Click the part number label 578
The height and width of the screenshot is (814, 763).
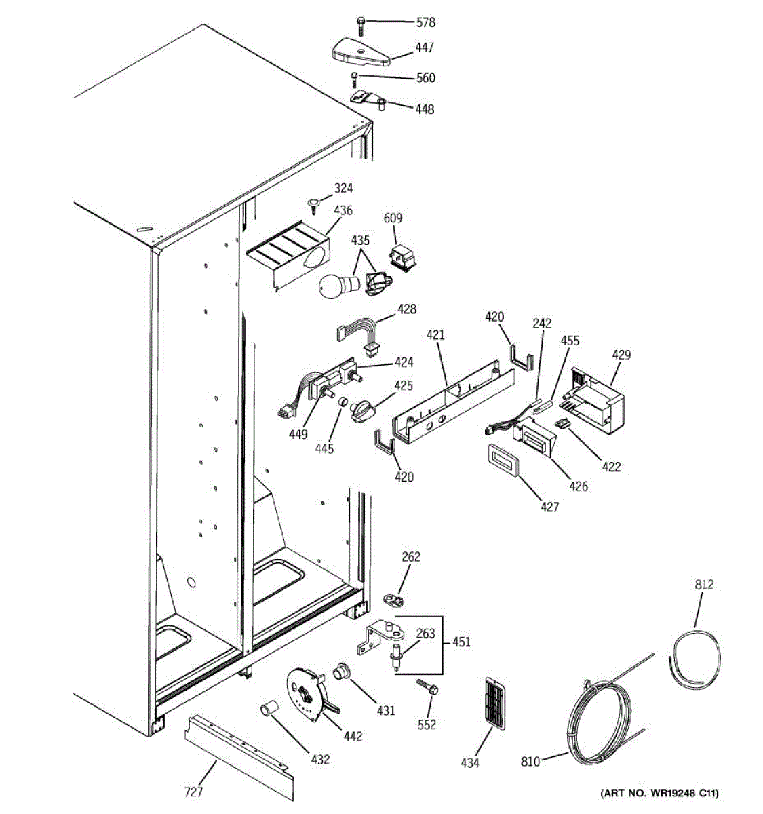coord(426,22)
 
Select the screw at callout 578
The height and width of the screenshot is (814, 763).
coord(361,24)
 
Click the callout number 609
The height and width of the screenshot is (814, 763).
coord(393,218)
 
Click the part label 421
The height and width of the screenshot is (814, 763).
coord(435,334)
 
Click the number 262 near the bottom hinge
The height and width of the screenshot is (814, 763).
coord(411,557)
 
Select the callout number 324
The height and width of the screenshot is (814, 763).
coord(343,188)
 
